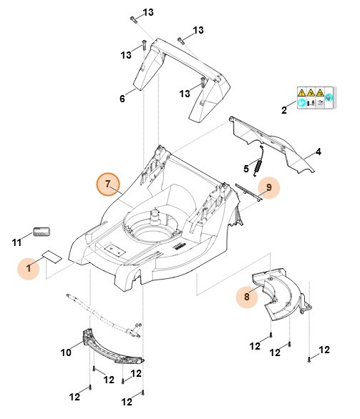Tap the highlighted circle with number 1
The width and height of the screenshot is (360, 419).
click(x=30, y=269)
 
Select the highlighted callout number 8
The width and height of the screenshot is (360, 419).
click(x=248, y=296)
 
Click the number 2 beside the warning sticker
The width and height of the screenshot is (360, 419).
click(x=284, y=109)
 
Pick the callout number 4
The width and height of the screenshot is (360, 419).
click(x=318, y=152)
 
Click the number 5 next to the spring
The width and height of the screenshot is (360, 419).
click(x=246, y=169)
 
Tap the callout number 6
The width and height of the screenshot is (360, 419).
click(x=122, y=98)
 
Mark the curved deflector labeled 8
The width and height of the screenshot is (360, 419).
click(x=276, y=293)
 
